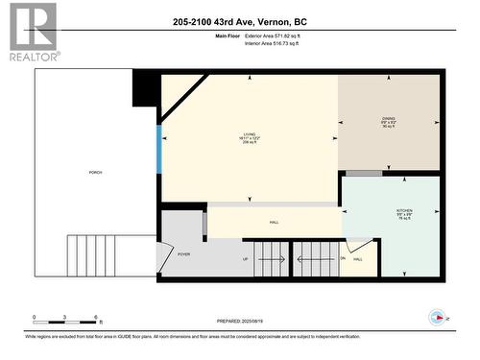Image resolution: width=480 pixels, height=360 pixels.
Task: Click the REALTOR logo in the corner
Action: (x=31, y=32)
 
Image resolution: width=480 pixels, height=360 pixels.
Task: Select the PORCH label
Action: (x=95, y=172)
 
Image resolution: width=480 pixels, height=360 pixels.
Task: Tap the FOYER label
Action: (x=183, y=254)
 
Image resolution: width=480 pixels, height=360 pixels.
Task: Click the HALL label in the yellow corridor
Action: (x=275, y=223)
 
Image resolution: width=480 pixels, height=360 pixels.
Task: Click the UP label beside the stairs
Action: (x=245, y=259)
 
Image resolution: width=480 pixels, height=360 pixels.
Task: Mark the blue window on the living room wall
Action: (x=159, y=144)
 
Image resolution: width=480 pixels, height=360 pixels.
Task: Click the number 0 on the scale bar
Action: (x=34, y=317)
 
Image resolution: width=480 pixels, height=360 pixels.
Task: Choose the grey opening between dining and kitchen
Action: (x=364, y=173)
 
